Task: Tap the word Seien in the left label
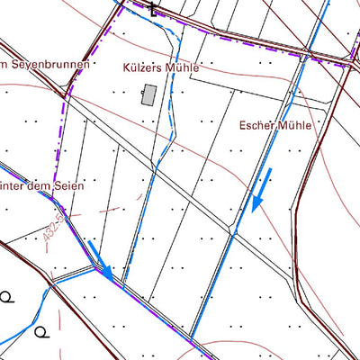click(x=68, y=186)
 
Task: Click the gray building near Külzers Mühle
click(x=148, y=94)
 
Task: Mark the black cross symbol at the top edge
click(x=155, y=8)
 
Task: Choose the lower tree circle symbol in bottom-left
click(x=39, y=331)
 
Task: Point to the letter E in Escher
click(x=242, y=126)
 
